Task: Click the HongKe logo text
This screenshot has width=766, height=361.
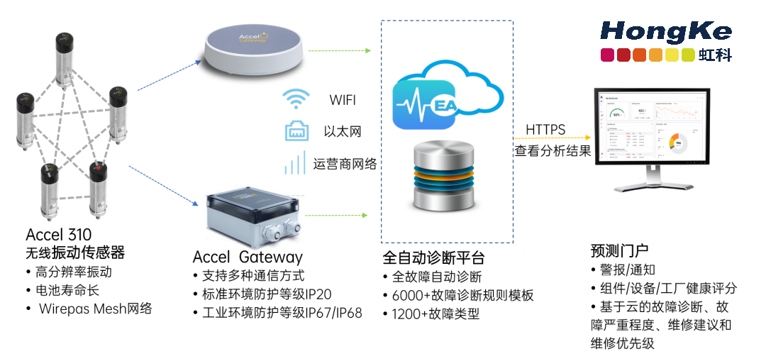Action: [665, 31]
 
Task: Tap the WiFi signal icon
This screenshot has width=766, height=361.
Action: [295, 100]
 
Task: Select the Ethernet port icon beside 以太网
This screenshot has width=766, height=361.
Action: [295, 131]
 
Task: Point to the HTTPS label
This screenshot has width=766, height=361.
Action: [545, 130]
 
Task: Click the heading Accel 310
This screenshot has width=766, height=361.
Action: [59, 235]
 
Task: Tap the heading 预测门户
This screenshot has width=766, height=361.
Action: [619, 250]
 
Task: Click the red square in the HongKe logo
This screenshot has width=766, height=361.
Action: [609, 55]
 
